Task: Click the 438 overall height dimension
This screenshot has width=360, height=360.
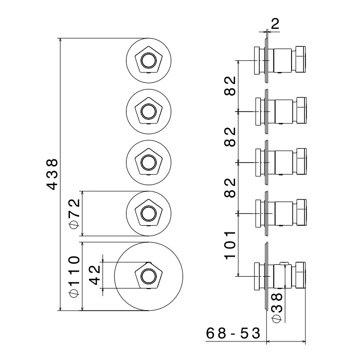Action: (x=53, y=174)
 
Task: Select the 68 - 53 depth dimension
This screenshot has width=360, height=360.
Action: (x=232, y=333)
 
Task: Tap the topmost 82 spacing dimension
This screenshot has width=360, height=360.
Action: (x=230, y=86)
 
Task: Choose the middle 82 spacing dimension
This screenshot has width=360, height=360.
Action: (x=230, y=136)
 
